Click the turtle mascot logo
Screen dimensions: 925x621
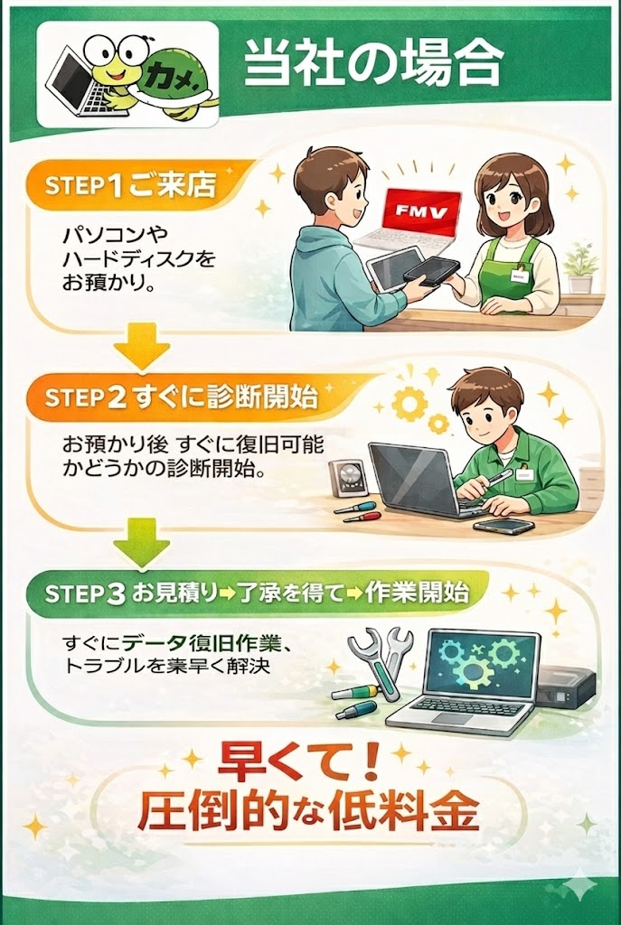pyautogui.click(x=127, y=73)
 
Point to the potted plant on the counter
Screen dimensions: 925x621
pyautogui.click(x=579, y=266)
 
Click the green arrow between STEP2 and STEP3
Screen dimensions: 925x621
pyautogui.click(x=142, y=543)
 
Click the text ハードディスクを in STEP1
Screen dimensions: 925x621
pyautogui.click(x=138, y=259)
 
